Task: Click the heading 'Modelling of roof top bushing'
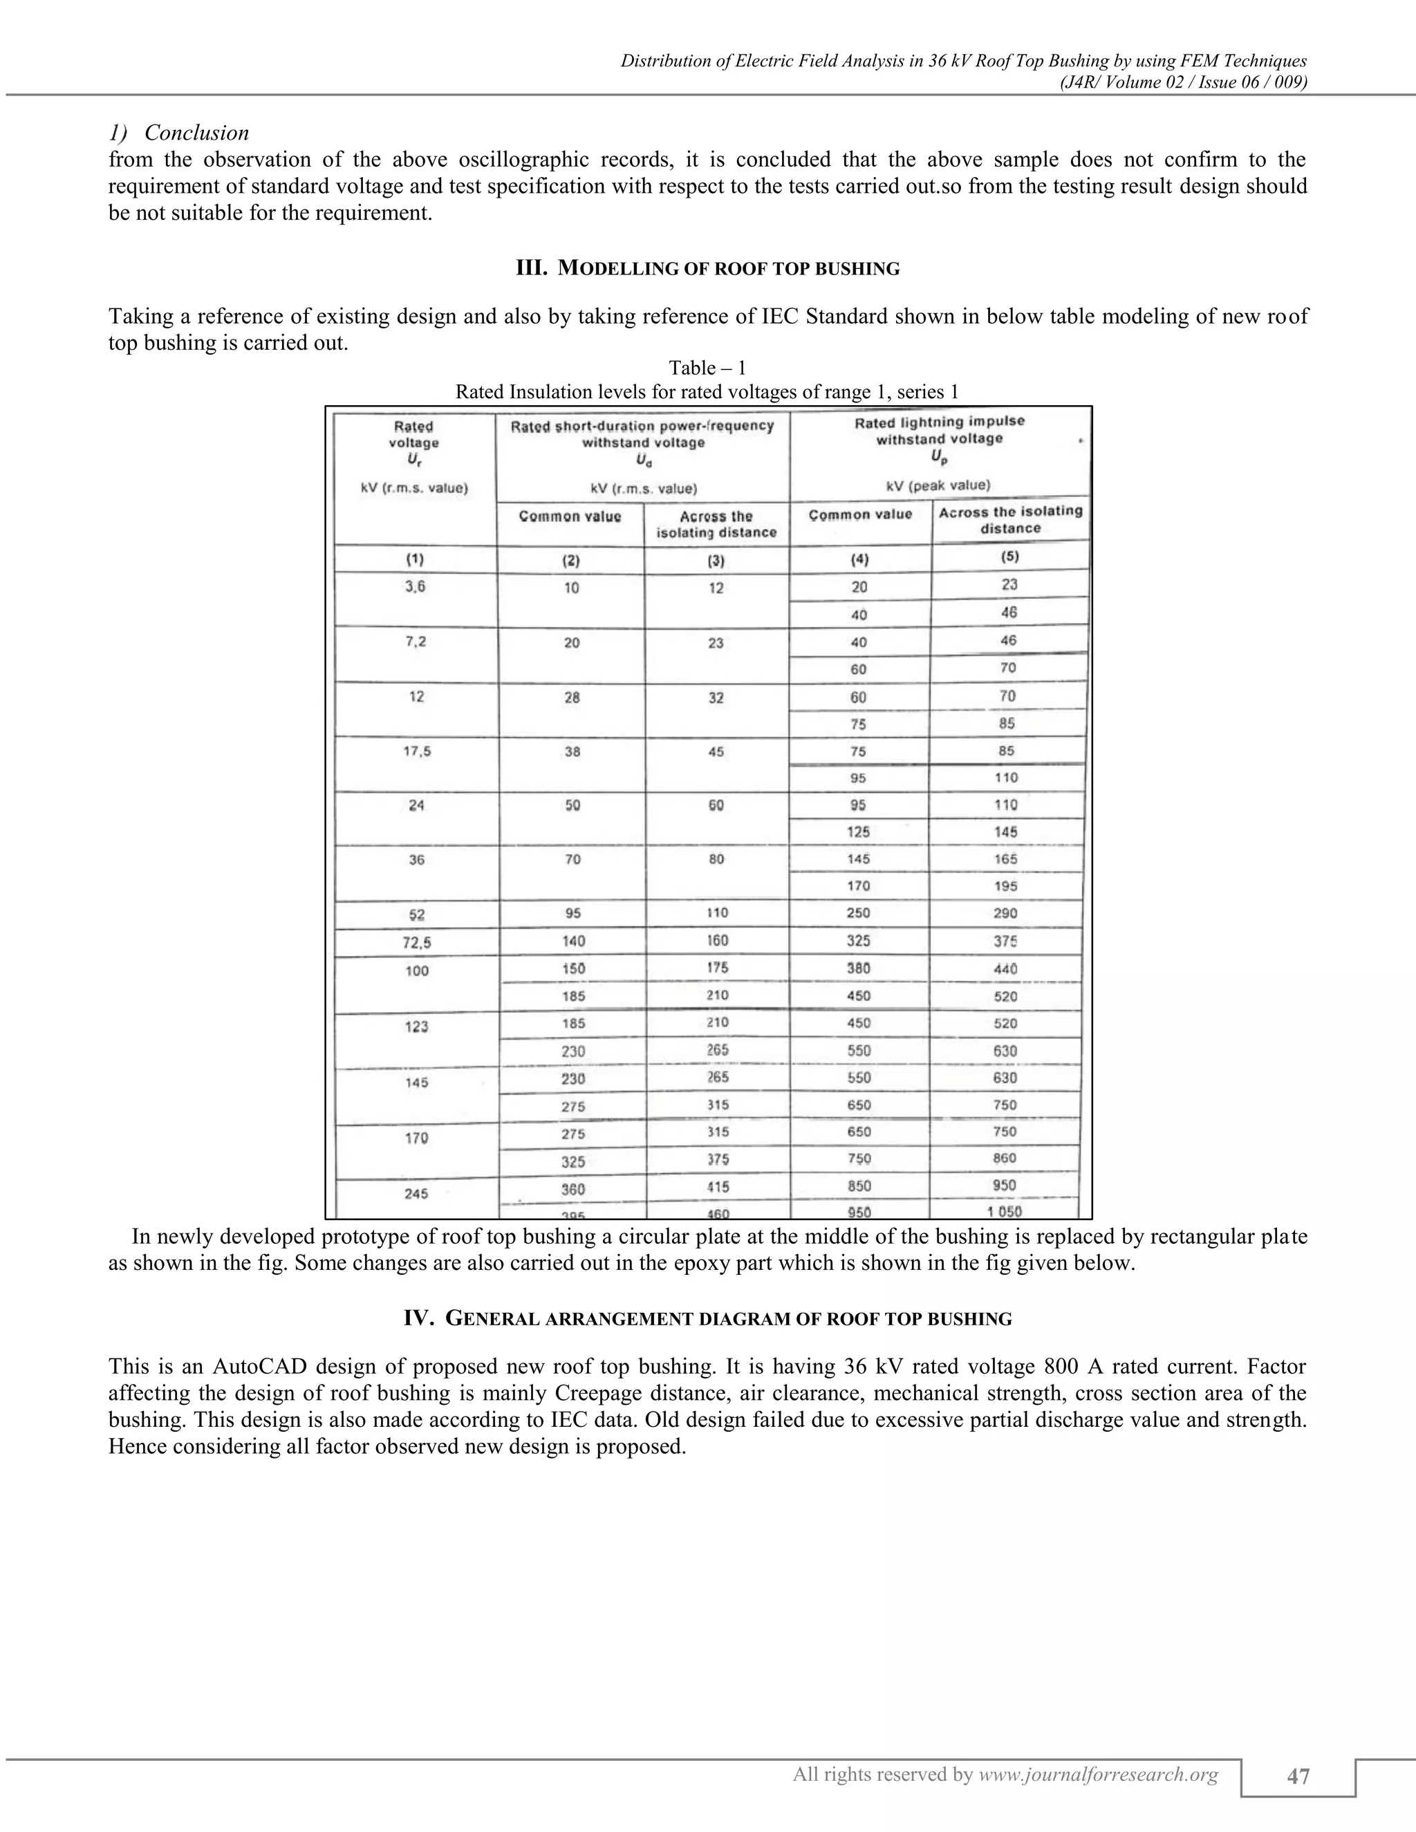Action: (707, 268)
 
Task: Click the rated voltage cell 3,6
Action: (414, 587)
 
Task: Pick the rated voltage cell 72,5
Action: (416, 942)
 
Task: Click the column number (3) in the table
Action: (716, 559)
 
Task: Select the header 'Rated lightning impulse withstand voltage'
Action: (940, 430)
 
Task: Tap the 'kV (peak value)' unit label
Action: (940, 485)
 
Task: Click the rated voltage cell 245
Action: (416, 1193)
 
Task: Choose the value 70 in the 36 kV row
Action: (572, 859)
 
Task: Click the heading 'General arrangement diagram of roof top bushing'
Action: (707, 1318)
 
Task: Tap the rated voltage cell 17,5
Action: (416, 751)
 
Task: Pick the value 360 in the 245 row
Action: (573, 1188)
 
